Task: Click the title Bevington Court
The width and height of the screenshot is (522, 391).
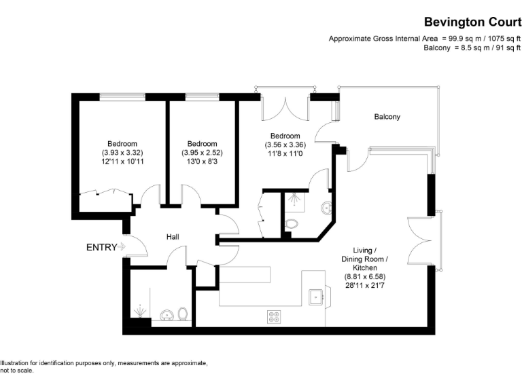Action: (472, 22)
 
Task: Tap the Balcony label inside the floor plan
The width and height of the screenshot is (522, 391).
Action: (387, 117)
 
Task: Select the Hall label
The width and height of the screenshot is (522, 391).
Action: (173, 237)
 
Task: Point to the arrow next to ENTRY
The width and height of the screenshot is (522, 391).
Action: (122, 247)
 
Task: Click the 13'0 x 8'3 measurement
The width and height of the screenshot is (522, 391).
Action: (202, 162)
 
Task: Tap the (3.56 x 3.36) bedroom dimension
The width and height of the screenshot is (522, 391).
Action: (285, 145)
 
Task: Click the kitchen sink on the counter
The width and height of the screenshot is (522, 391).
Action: (315, 297)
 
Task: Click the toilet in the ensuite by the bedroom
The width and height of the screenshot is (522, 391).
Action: (292, 224)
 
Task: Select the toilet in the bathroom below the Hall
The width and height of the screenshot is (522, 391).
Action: (182, 314)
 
